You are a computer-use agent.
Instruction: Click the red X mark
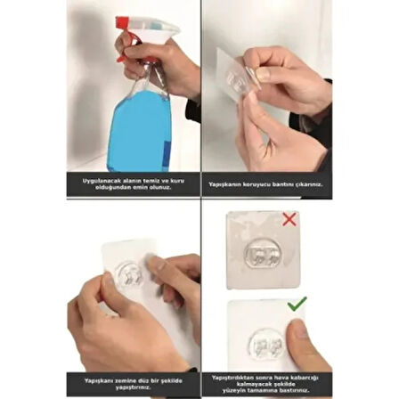point(289,219)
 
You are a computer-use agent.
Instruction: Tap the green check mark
point(297,305)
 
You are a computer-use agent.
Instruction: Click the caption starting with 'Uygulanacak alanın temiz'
point(133,184)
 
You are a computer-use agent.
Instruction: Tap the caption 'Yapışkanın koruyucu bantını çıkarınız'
point(265,184)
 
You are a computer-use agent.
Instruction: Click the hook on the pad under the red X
point(261,253)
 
